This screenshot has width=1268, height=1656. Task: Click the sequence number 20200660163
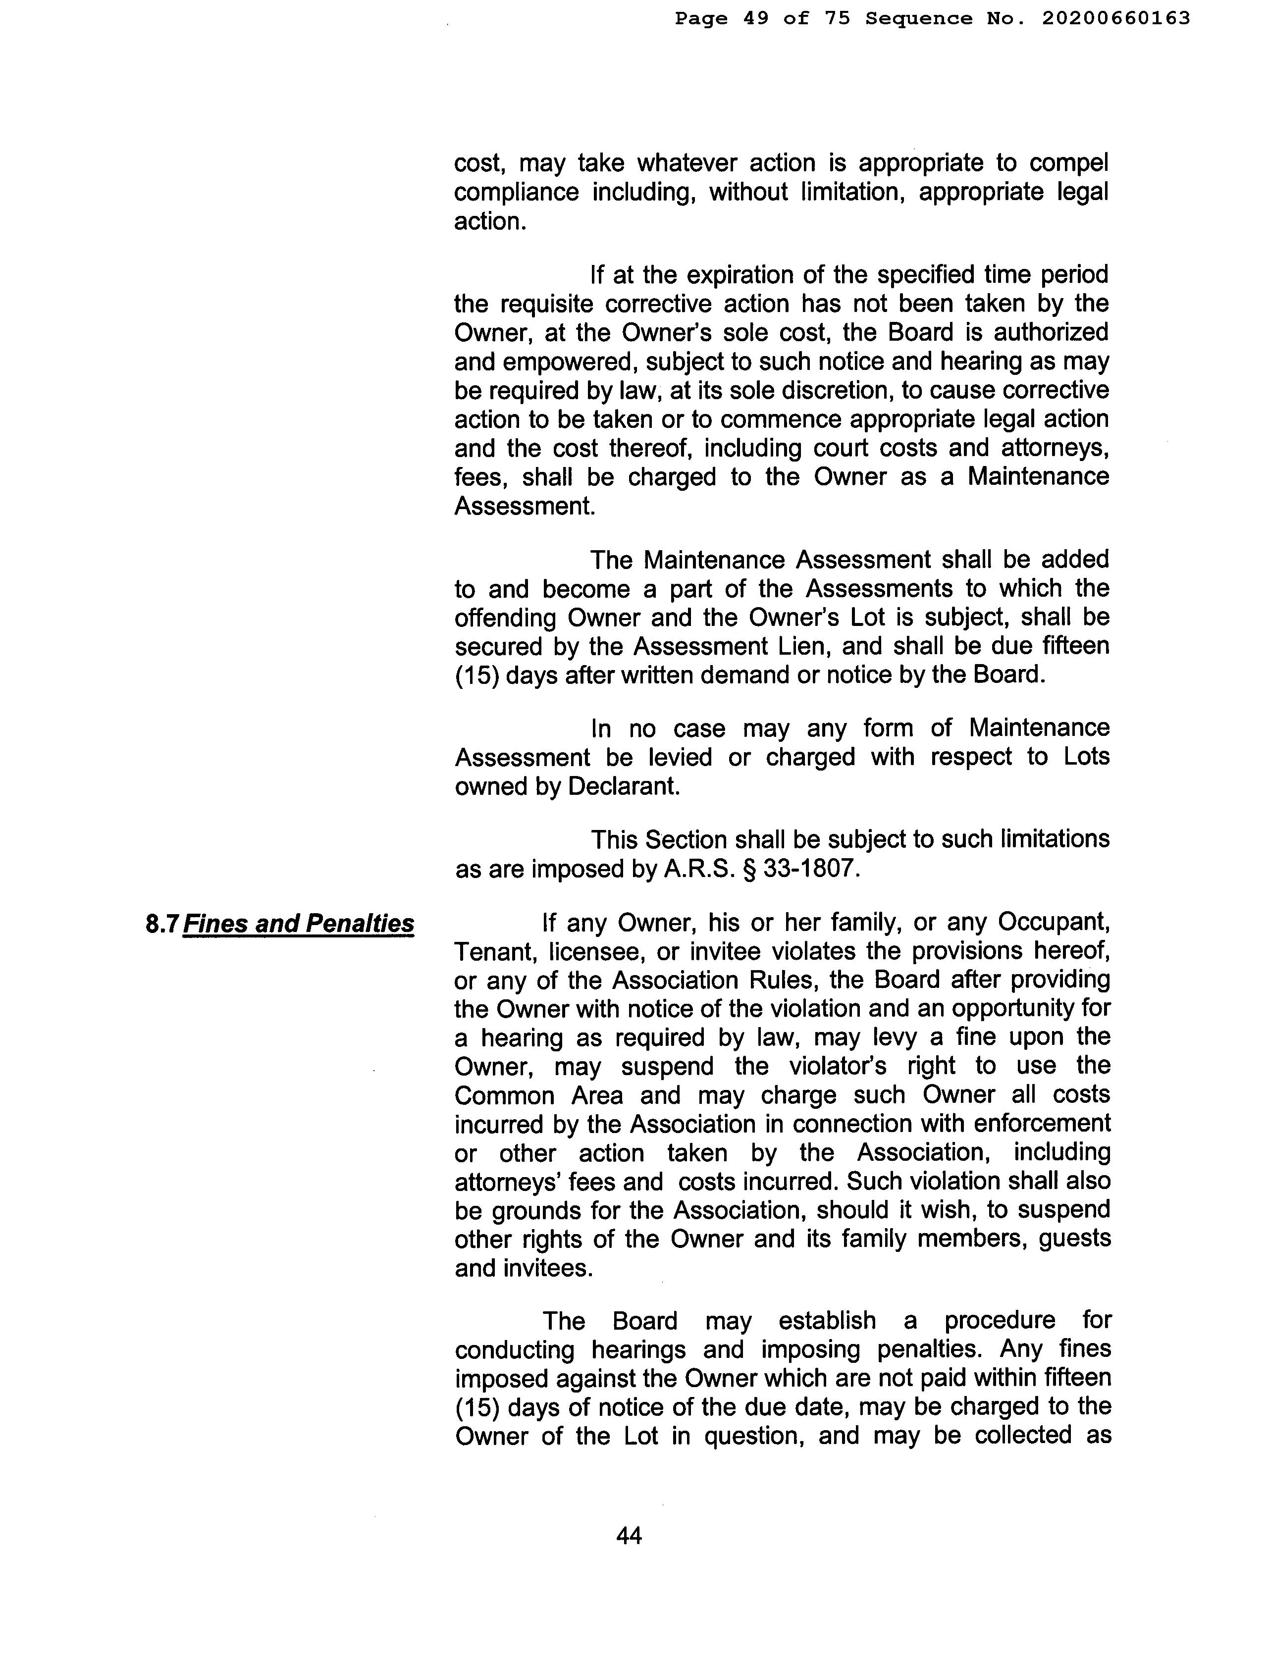point(1115,18)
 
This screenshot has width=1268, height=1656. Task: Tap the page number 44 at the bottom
point(629,1535)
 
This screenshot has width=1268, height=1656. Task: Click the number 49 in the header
point(756,18)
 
